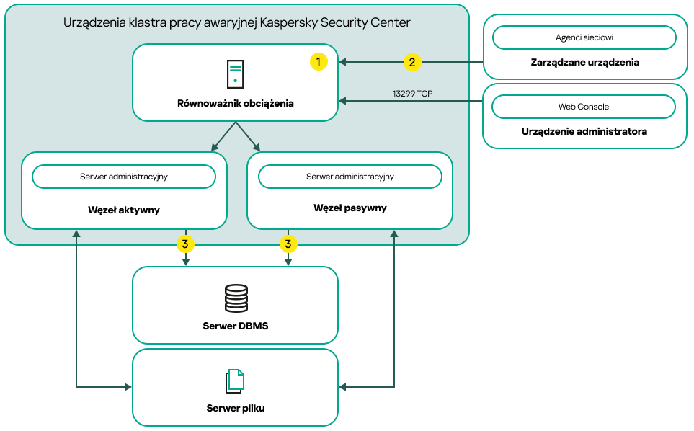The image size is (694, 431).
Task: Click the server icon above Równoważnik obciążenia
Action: click(x=235, y=75)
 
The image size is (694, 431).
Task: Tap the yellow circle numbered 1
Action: click(x=319, y=62)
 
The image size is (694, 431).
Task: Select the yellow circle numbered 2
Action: click(x=411, y=62)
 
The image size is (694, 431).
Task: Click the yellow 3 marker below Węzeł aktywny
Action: click(x=185, y=244)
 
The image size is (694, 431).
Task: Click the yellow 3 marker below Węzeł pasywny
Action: click(x=288, y=244)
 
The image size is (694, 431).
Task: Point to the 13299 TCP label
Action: click(x=412, y=94)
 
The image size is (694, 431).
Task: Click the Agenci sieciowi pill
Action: click(x=584, y=37)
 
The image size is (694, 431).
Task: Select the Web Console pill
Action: click(x=584, y=107)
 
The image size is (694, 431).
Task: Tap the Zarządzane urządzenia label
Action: click(x=584, y=62)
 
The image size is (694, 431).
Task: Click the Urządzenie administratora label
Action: click(x=584, y=132)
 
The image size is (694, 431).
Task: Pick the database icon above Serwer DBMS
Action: click(x=235, y=298)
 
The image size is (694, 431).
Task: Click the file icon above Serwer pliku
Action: click(x=235, y=381)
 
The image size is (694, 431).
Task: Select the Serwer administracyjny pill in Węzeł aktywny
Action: click(x=124, y=177)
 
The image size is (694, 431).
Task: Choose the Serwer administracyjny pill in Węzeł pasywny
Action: click(x=350, y=177)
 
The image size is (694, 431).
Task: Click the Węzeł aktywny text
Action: click(x=124, y=210)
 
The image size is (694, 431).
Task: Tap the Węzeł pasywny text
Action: click(x=350, y=208)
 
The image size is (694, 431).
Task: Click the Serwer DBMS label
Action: click(x=235, y=326)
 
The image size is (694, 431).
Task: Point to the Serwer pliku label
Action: click(x=235, y=408)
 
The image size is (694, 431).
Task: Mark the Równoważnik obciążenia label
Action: click(x=235, y=103)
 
